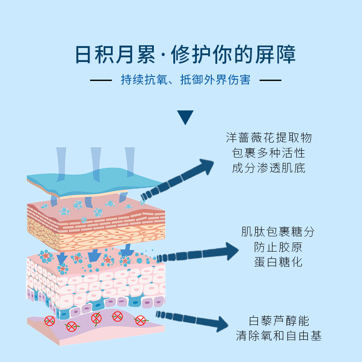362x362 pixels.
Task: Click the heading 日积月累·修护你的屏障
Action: (x=185, y=55)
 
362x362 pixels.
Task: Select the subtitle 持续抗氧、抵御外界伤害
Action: (x=186, y=81)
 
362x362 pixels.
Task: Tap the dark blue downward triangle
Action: (x=185, y=117)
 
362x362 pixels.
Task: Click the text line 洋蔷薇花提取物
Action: (x=269, y=138)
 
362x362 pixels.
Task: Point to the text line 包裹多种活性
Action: (x=269, y=153)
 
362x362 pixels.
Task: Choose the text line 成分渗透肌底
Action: (x=269, y=168)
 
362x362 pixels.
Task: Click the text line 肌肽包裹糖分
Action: (x=278, y=232)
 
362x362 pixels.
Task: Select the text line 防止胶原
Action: (x=278, y=247)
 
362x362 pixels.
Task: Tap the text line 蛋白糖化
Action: (x=278, y=262)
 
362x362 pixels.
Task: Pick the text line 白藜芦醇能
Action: (x=279, y=321)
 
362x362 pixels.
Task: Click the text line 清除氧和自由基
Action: (x=279, y=336)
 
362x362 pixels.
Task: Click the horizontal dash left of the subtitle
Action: (x=100, y=81)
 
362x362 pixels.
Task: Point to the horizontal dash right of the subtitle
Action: (x=270, y=81)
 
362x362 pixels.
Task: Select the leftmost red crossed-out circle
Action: (x=50, y=321)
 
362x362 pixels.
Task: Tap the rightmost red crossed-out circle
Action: (x=141, y=321)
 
